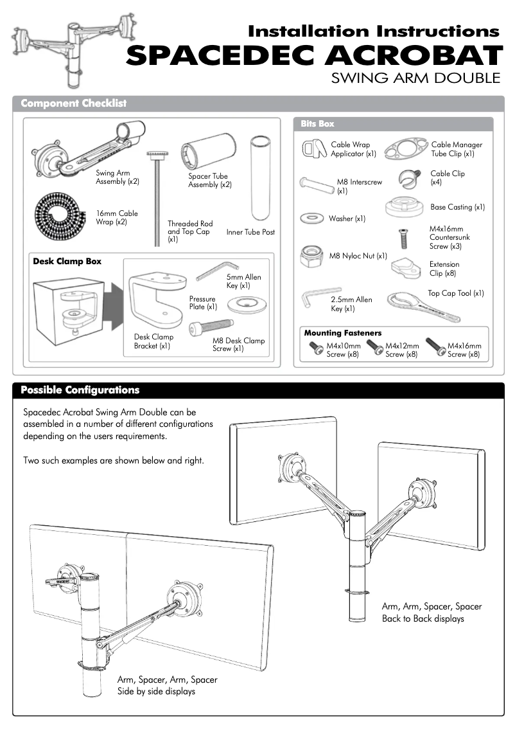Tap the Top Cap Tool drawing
pos(424,307)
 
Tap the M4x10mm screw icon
pos(317,348)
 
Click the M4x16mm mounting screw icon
pos(436,347)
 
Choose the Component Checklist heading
pos(73,104)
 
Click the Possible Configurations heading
pos(80,390)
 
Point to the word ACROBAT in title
pos(412,56)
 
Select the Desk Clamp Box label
pos(67,262)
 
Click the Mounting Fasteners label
pos(342,333)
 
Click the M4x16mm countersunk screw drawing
pos(403,239)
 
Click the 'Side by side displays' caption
pos(156,691)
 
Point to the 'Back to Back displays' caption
pos(423,618)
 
